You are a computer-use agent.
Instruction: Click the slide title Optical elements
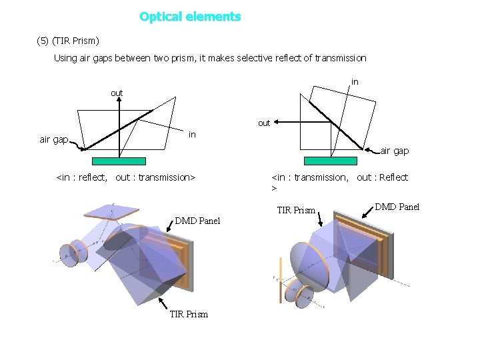[190, 17]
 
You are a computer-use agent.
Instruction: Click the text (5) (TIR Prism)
[67, 41]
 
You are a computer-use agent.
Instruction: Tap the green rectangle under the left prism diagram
[119, 161]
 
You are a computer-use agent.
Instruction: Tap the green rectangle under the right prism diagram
[330, 161]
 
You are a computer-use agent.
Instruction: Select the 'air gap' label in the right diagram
[395, 151]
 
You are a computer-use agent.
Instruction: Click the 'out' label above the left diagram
[117, 93]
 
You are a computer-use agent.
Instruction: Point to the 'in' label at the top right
[355, 82]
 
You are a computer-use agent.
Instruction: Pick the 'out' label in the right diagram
[264, 123]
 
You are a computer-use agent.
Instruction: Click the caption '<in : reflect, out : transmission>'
[127, 177]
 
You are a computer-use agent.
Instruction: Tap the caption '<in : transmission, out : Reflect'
[340, 177]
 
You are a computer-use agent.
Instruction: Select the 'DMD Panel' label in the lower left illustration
[197, 221]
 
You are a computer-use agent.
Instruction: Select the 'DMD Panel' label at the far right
[397, 207]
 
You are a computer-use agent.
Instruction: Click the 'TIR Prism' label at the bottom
[189, 314]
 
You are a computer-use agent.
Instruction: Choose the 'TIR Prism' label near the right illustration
[296, 211]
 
